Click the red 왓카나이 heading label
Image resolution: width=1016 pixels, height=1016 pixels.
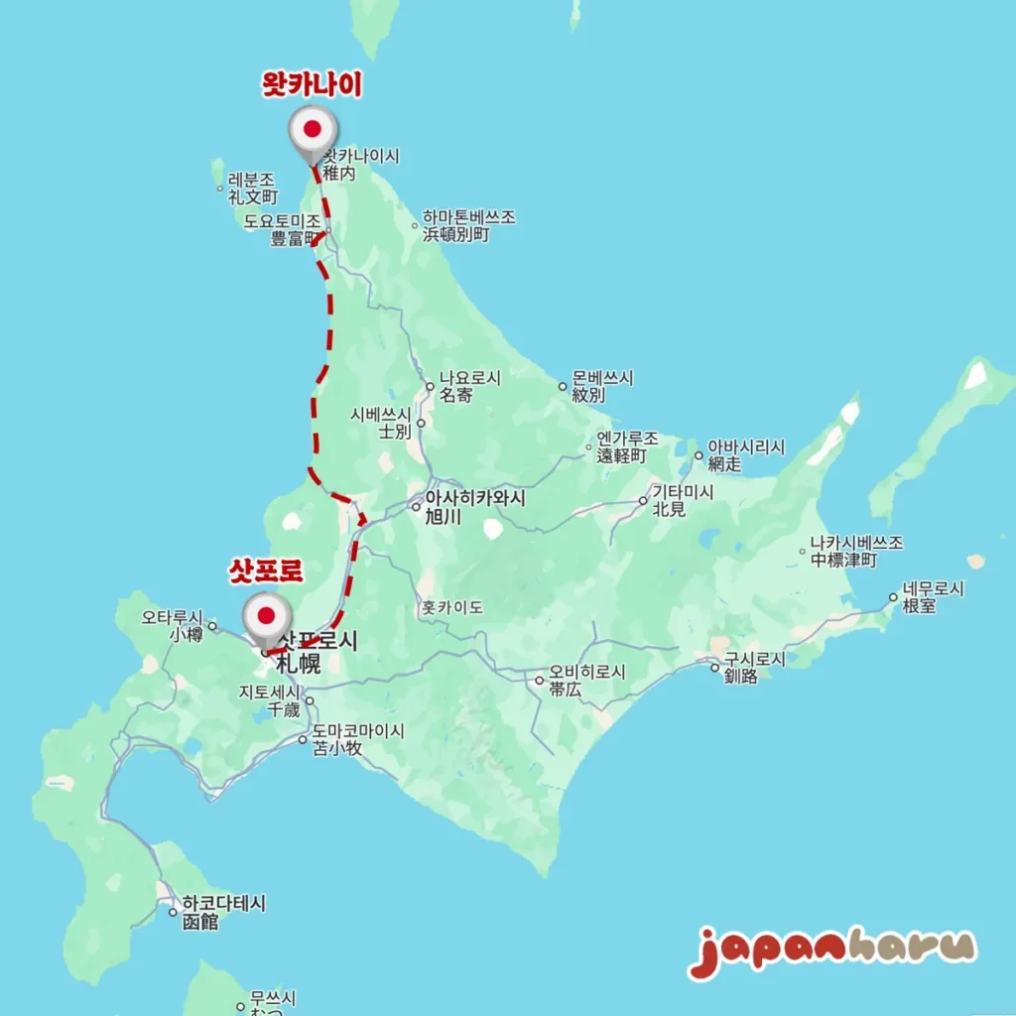click(311, 86)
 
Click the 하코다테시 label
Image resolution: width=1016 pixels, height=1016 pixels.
click(223, 905)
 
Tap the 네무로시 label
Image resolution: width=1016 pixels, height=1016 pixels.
click(933, 588)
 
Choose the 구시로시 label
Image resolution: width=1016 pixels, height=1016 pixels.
click(753, 659)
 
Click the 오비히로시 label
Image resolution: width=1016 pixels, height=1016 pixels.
click(586, 673)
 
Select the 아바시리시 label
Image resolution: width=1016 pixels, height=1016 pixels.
click(745, 447)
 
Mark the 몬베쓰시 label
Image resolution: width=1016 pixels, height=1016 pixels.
click(602, 379)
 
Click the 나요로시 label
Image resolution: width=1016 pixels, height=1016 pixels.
click(470, 378)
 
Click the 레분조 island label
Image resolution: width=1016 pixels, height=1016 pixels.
click(251, 180)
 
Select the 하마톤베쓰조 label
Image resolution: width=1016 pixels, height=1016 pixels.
click(468, 217)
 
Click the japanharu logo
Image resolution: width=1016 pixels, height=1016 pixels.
click(831, 950)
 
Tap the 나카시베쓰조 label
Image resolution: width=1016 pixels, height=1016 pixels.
click(855, 544)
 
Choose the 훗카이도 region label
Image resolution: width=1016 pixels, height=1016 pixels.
click(451, 606)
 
